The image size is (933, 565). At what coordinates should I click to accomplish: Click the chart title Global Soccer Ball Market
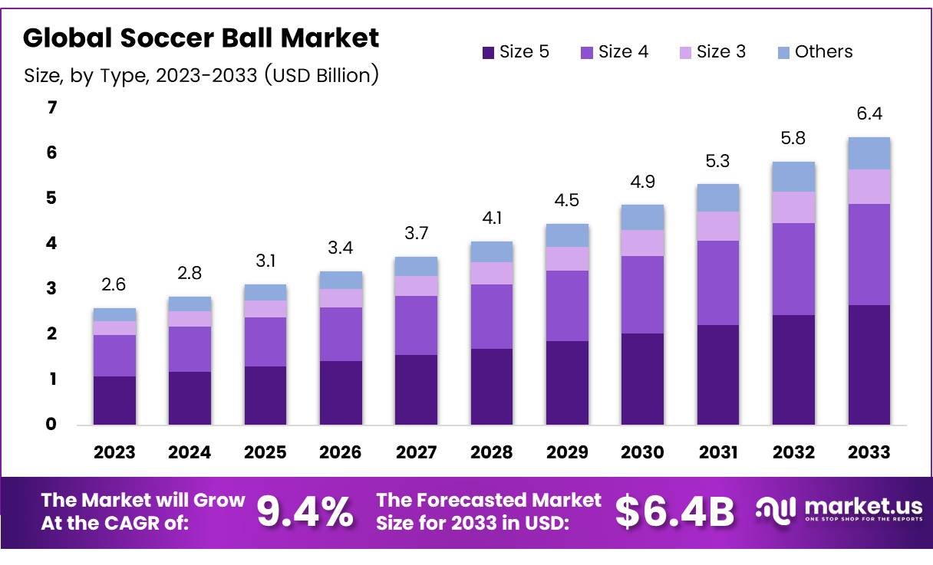tap(201, 38)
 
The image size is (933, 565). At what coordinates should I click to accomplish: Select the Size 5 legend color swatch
tap(488, 53)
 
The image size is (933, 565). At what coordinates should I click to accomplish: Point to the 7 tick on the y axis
tap(51, 108)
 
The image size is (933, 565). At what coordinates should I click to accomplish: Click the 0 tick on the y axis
tap(51, 424)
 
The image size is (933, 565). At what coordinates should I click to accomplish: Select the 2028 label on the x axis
tap(492, 452)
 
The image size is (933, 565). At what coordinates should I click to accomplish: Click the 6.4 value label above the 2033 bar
tap(869, 113)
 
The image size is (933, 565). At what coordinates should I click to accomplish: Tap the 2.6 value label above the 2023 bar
tap(114, 285)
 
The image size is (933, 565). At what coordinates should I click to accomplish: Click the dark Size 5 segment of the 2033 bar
tap(869, 365)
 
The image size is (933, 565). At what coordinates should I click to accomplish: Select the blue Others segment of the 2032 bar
tap(793, 176)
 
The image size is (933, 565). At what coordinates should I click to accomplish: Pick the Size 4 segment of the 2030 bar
tap(642, 294)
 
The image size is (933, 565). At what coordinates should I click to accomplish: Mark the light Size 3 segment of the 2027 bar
tap(416, 286)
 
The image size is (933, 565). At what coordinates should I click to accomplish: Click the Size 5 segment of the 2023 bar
tap(114, 400)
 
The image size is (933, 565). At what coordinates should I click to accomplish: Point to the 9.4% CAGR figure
tap(305, 512)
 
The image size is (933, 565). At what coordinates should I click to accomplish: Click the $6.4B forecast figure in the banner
tap(674, 512)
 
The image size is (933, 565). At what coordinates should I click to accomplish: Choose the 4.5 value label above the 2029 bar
tap(567, 201)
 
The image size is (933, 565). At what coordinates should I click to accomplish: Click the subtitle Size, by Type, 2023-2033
tap(201, 76)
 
